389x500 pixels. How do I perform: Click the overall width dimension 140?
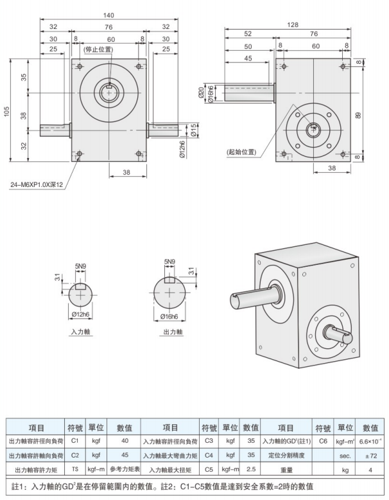click(x=108, y=15)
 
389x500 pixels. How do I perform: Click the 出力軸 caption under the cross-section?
click(x=169, y=333)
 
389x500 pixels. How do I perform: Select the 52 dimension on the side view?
click(x=248, y=35)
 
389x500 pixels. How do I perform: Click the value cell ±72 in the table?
click(x=370, y=455)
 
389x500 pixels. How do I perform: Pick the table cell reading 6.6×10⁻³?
click(x=370, y=441)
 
